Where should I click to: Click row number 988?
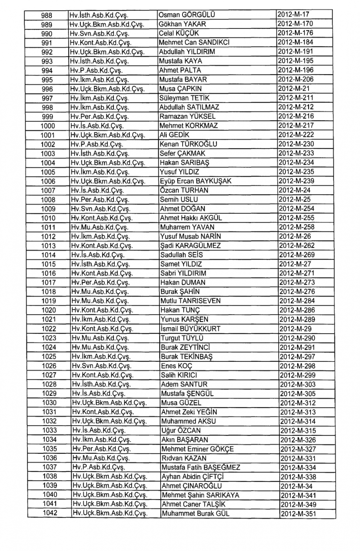47,15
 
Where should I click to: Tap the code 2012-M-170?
296,24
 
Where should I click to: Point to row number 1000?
48,126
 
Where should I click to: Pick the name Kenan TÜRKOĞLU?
188,144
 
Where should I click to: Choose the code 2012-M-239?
296,181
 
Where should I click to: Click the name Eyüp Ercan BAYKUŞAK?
195,181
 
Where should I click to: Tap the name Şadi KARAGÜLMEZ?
190,246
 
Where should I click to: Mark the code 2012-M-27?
295,264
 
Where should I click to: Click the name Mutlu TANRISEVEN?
191,301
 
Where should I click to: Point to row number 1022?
49,329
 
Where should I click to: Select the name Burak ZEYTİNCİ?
185,347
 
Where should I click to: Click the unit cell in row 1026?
102,366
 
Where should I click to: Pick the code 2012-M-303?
297,384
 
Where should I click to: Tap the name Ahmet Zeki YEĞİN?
189,412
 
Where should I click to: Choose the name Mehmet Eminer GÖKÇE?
197,449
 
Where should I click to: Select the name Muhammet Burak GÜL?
195,514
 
